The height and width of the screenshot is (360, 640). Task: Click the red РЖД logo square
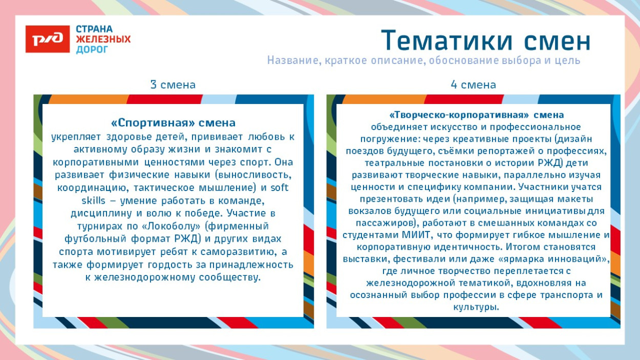48,39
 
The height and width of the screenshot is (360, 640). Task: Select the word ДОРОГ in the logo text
92,50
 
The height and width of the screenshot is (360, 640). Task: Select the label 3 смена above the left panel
173,84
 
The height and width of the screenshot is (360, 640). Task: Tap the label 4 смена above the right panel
473,84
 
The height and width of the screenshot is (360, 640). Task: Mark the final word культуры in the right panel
476,307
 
